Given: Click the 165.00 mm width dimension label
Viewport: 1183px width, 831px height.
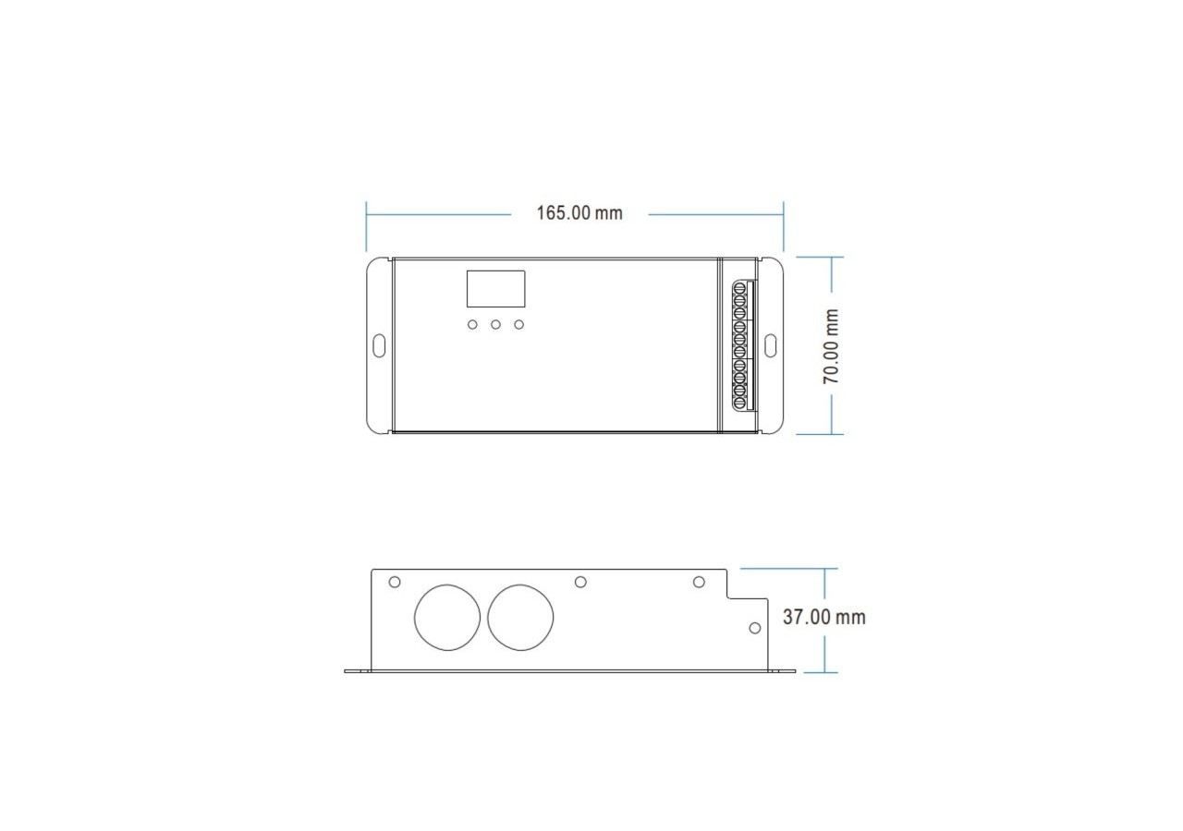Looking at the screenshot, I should (x=579, y=213).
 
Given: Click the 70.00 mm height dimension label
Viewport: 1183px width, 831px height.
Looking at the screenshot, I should (x=833, y=346).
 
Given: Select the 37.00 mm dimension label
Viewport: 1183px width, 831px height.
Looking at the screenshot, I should (x=823, y=617).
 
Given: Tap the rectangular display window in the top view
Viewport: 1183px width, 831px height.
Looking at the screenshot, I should (x=495, y=289).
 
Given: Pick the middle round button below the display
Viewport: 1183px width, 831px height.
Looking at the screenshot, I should (x=495, y=325).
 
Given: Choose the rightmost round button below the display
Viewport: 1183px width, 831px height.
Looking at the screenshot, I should (x=519, y=325).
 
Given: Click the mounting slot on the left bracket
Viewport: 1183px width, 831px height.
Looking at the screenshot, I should (x=379, y=345).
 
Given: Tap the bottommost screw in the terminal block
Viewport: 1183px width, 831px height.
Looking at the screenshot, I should (x=740, y=402).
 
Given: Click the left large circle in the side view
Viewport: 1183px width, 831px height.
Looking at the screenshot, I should (x=447, y=617).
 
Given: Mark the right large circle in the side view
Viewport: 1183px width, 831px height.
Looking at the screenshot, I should (x=520, y=617).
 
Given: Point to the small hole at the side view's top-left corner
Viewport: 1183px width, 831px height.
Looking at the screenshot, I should (x=395, y=582).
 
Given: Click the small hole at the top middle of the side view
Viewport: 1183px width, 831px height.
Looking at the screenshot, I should (x=580, y=582).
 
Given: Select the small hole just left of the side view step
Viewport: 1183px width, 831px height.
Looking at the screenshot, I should (x=699, y=582).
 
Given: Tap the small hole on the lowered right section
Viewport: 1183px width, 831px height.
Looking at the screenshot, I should (x=754, y=628).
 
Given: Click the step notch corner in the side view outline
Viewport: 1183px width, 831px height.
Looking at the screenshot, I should (x=727, y=597).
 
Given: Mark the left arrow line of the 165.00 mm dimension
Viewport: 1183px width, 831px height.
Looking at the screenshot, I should (x=438, y=214).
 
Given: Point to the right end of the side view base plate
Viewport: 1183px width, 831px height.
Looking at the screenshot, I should (x=793, y=671).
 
